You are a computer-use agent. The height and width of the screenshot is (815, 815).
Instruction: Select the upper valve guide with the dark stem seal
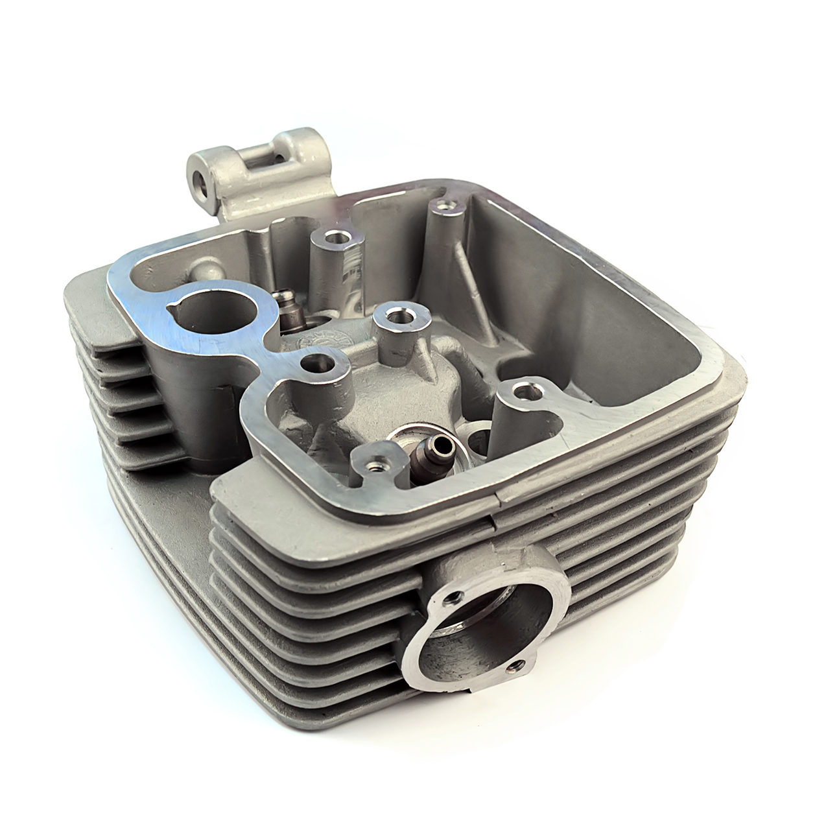coord(283,300)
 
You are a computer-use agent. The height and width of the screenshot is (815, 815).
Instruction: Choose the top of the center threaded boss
coord(394,316)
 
